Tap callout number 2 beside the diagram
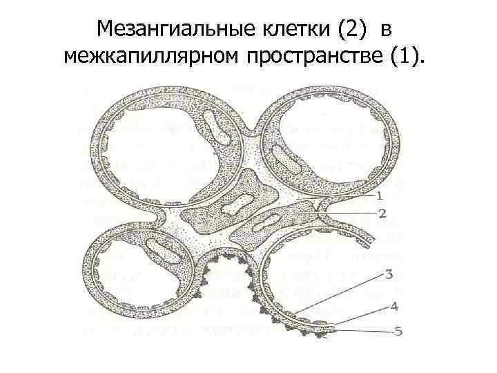tap(382, 213)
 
